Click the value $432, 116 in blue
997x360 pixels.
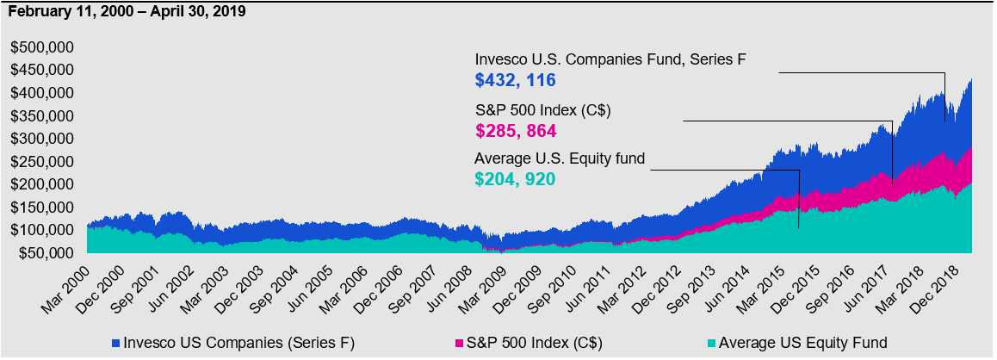tap(515, 80)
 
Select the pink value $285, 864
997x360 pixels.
tap(515, 131)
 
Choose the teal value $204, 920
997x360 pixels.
tap(515, 179)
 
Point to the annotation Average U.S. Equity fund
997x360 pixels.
tap(560, 158)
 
